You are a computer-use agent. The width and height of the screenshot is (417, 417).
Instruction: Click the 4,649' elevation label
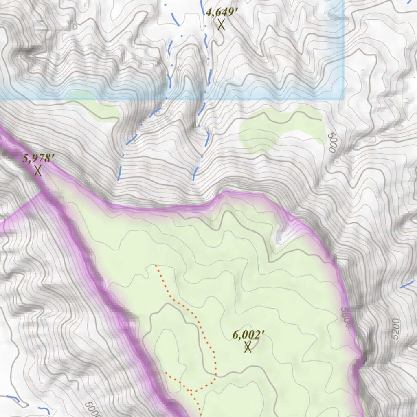point(221,12)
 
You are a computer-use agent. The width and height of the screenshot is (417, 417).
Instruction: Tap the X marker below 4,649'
point(221,24)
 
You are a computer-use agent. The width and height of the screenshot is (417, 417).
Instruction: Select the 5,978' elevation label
point(38,158)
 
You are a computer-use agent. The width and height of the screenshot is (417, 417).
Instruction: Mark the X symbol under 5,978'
point(38,170)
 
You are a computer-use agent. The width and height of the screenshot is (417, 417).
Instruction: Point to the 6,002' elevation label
point(248,335)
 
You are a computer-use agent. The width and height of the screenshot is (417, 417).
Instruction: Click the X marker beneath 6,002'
point(248,347)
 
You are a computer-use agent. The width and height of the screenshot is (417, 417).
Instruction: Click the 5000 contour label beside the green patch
point(331,143)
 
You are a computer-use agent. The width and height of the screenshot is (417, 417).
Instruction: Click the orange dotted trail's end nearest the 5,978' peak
point(156,265)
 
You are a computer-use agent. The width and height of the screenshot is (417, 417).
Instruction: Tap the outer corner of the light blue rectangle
point(343,99)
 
